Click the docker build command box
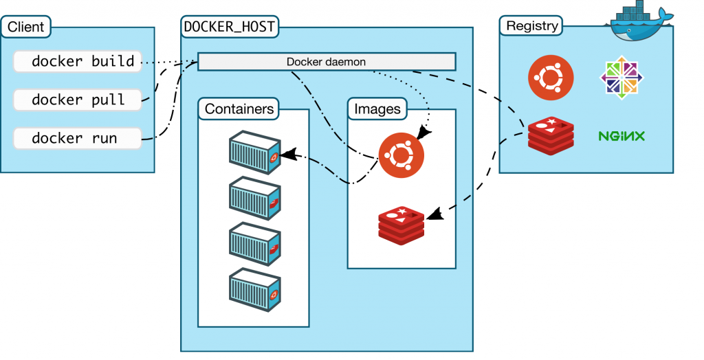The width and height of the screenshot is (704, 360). (77, 61)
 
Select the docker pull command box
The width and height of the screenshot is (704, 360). (77, 100)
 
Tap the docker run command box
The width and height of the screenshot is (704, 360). (77, 138)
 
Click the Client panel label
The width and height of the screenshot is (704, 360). (26, 27)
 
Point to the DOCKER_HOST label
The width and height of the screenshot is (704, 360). (230, 26)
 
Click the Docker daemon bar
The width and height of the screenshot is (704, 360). (327, 62)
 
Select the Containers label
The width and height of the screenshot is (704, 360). (239, 109)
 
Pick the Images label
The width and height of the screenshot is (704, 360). (377, 109)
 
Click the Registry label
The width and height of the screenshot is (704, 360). (531, 26)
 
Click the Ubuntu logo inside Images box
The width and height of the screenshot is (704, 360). (401, 155)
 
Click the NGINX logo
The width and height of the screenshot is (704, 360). (621, 136)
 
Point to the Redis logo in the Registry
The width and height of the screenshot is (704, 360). (551, 135)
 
